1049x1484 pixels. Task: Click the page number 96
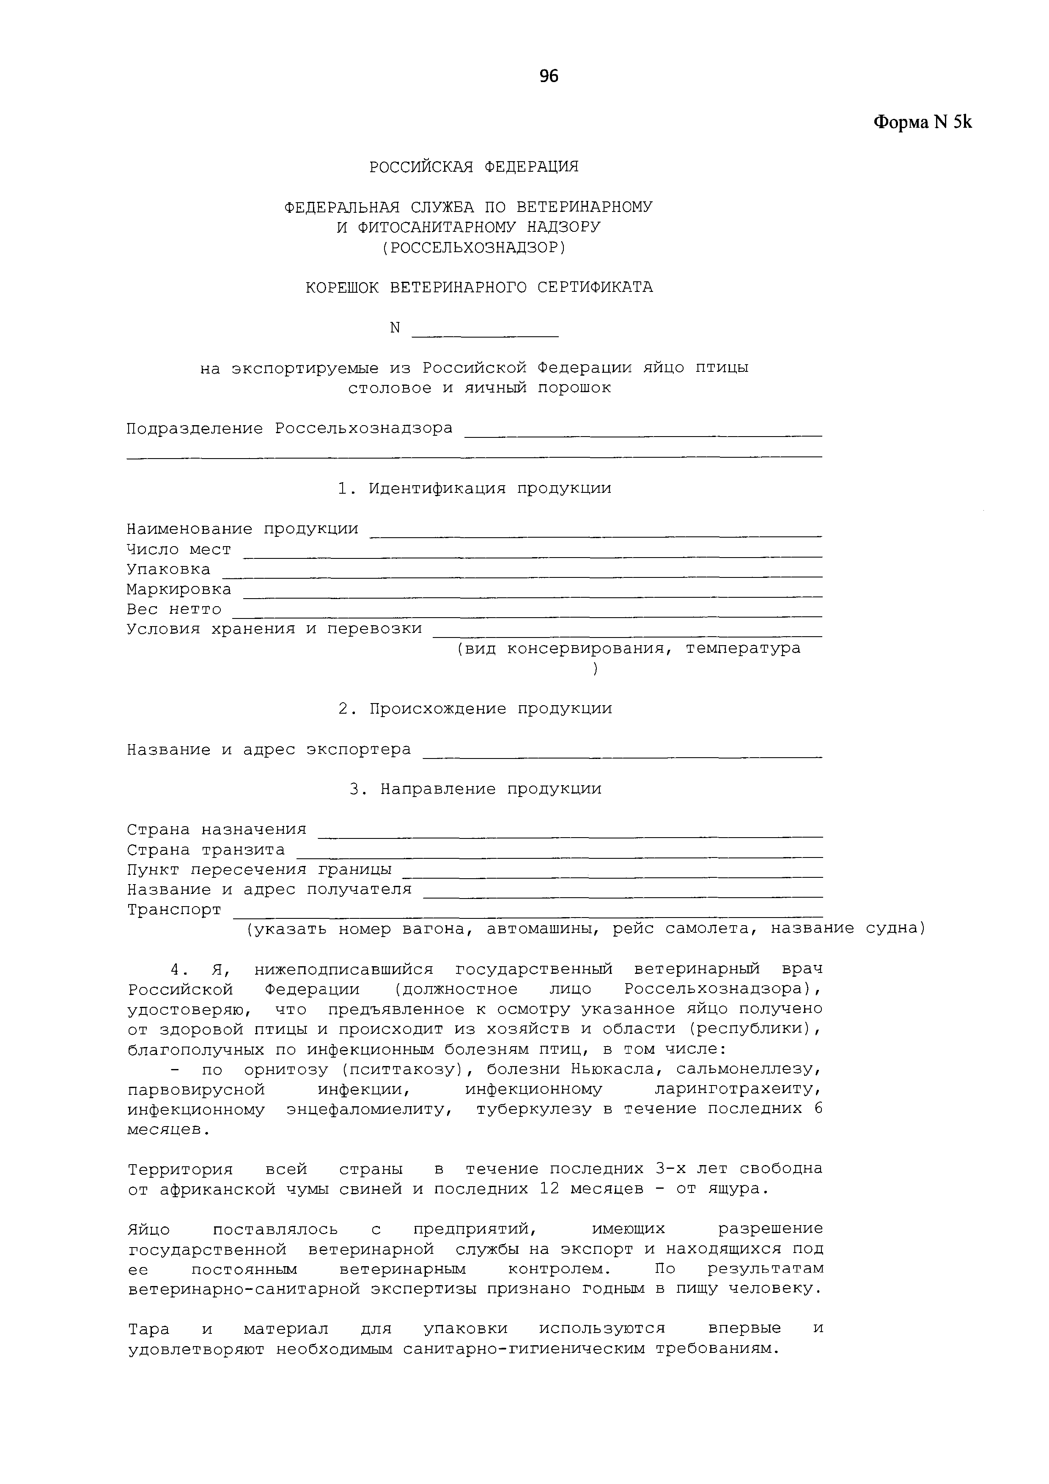(x=548, y=76)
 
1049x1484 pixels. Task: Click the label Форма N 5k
(x=923, y=122)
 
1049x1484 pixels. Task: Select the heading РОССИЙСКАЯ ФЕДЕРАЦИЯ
(x=474, y=167)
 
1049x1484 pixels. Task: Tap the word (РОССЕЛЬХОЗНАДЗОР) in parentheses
(x=474, y=247)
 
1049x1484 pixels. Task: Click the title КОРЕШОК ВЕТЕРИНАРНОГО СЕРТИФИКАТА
(x=479, y=287)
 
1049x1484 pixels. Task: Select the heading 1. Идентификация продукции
(x=474, y=488)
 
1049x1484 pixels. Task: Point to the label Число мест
(x=178, y=550)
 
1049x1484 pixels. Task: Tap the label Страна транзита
(x=206, y=849)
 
